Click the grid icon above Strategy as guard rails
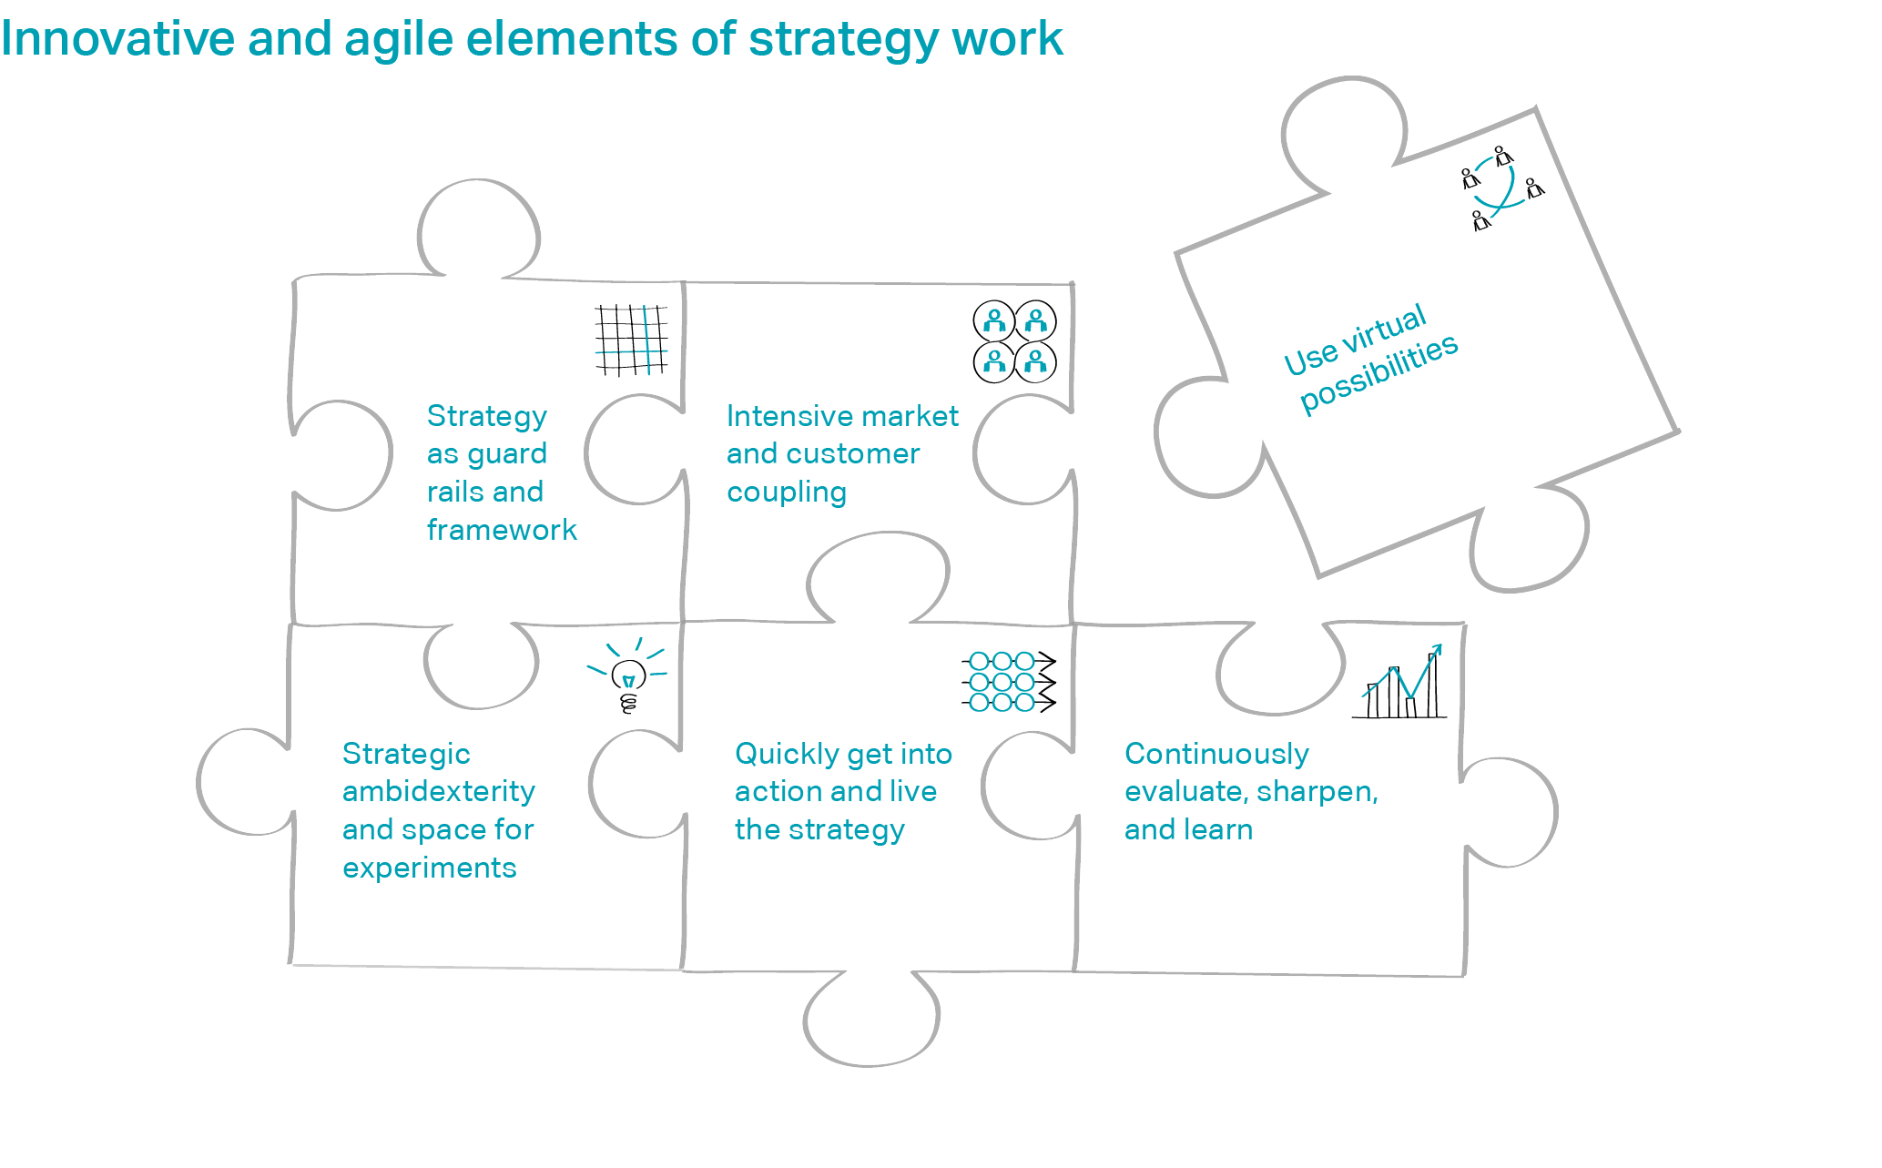631,340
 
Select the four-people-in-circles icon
1015,341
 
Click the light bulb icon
627,675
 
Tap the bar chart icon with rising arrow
1399,682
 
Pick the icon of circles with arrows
1009,681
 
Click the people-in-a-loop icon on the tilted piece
1502,188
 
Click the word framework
502,530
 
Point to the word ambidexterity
439,791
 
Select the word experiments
430,868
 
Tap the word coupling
787,493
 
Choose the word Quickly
788,755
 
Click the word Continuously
1216,755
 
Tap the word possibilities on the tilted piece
1379,373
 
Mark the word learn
1216,829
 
